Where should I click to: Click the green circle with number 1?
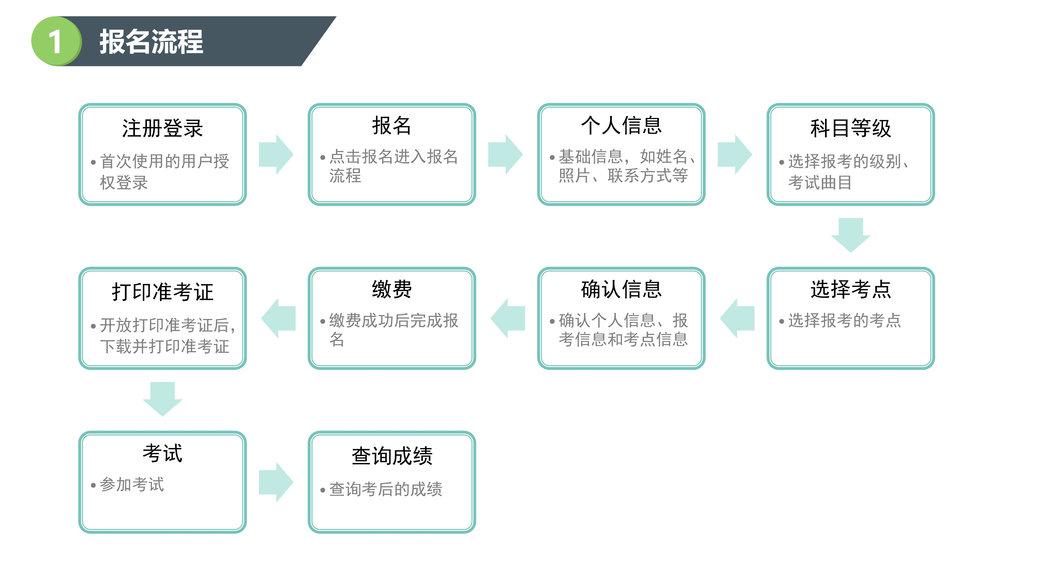click(56, 41)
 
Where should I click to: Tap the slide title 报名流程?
click(151, 42)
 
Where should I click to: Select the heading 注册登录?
click(162, 128)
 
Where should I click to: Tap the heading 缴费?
click(392, 289)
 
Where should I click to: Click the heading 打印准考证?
click(162, 292)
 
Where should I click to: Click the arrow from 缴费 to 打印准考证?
click(278, 318)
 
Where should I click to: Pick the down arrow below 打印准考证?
click(162, 399)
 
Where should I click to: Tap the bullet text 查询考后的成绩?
click(386, 489)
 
